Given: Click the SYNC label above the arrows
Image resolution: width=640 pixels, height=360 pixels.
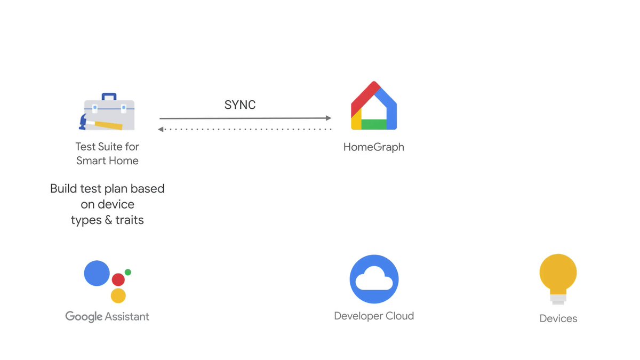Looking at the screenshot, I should [239, 105].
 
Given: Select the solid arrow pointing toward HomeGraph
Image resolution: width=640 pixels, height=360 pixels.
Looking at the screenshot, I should [245, 118].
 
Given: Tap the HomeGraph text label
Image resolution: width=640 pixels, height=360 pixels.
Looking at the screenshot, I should [373, 147].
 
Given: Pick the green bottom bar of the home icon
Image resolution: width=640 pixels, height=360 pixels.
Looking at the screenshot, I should [373, 124].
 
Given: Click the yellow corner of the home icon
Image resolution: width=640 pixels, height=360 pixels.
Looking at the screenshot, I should [356, 123].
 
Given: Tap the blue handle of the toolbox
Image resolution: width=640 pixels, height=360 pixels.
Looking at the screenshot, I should [109, 97].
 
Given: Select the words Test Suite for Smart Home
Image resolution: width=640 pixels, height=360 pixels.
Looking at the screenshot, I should [107, 154].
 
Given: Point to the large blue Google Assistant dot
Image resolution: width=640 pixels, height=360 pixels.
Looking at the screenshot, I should [97, 274].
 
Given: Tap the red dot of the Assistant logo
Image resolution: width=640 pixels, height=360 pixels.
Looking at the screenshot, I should [118, 279].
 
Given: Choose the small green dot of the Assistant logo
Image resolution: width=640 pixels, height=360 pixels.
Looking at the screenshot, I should [128, 272].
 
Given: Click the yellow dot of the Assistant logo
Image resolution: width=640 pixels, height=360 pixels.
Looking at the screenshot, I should [118, 295].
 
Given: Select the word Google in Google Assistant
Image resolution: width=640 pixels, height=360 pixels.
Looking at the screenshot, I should [84, 316].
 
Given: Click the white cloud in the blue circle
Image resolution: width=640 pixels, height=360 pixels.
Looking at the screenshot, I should [374, 280].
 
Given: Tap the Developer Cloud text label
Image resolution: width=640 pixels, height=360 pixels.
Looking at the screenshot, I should [373, 316].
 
